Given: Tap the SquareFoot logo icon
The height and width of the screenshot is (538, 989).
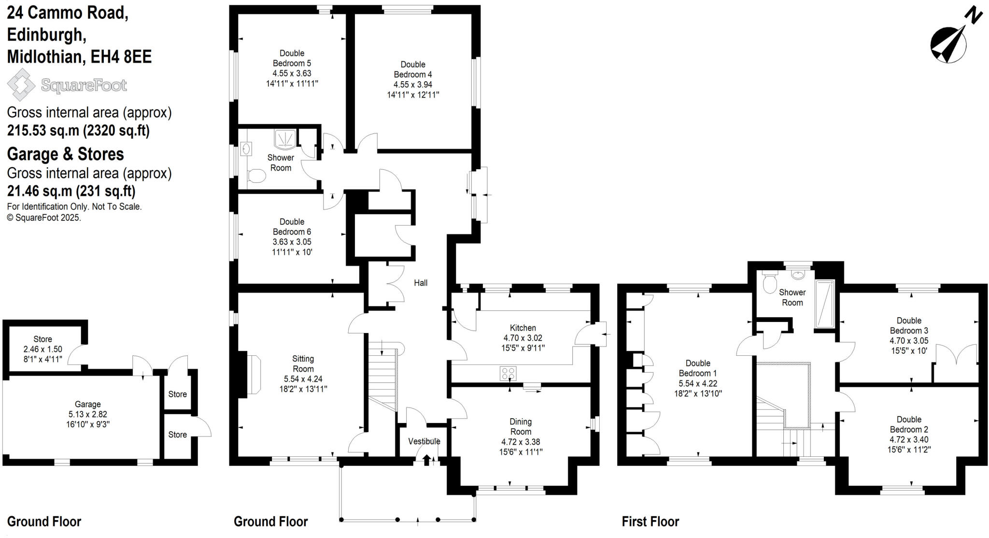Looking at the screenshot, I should pyautogui.click(x=21, y=85).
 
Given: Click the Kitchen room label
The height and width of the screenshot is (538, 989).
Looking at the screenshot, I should pyautogui.click(x=523, y=328).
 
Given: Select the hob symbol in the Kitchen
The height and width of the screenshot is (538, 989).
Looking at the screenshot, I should pyautogui.click(x=508, y=373).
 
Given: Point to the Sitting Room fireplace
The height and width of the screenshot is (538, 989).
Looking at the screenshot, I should pyautogui.click(x=253, y=374).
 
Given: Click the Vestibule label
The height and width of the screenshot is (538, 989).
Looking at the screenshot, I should pyautogui.click(x=424, y=441).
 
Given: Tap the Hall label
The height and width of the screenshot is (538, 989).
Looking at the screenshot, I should pyautogui.click(x=420, y=283).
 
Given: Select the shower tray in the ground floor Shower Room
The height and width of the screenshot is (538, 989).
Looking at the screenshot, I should pyautogui.click(x=284, y=139).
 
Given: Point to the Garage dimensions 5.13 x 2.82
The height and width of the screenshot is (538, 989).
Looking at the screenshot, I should pyautogui.click(x=87, y=414).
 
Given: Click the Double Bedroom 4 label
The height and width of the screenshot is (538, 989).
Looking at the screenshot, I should pyautogui.click(x=412, y=69).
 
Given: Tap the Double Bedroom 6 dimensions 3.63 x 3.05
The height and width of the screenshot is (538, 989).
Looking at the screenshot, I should pyautogui.click(x=292, y=242).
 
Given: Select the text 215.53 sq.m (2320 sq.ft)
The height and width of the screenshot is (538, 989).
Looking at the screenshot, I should pyautogui.click(x=78, y=131).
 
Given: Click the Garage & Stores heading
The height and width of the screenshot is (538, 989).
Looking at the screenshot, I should pyautogui.click(x=65, y=154).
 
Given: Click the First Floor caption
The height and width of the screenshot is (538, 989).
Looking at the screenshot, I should pyautogui.click(x=650, y=522).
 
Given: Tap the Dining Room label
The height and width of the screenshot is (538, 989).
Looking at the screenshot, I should pyautogui.click(x=520, y=426).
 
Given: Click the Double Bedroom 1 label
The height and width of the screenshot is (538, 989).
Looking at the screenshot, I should pyautogui.click(x=697, y=368).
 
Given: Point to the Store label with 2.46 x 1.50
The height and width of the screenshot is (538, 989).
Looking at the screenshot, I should pyautogui.click(x=42, y=339).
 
